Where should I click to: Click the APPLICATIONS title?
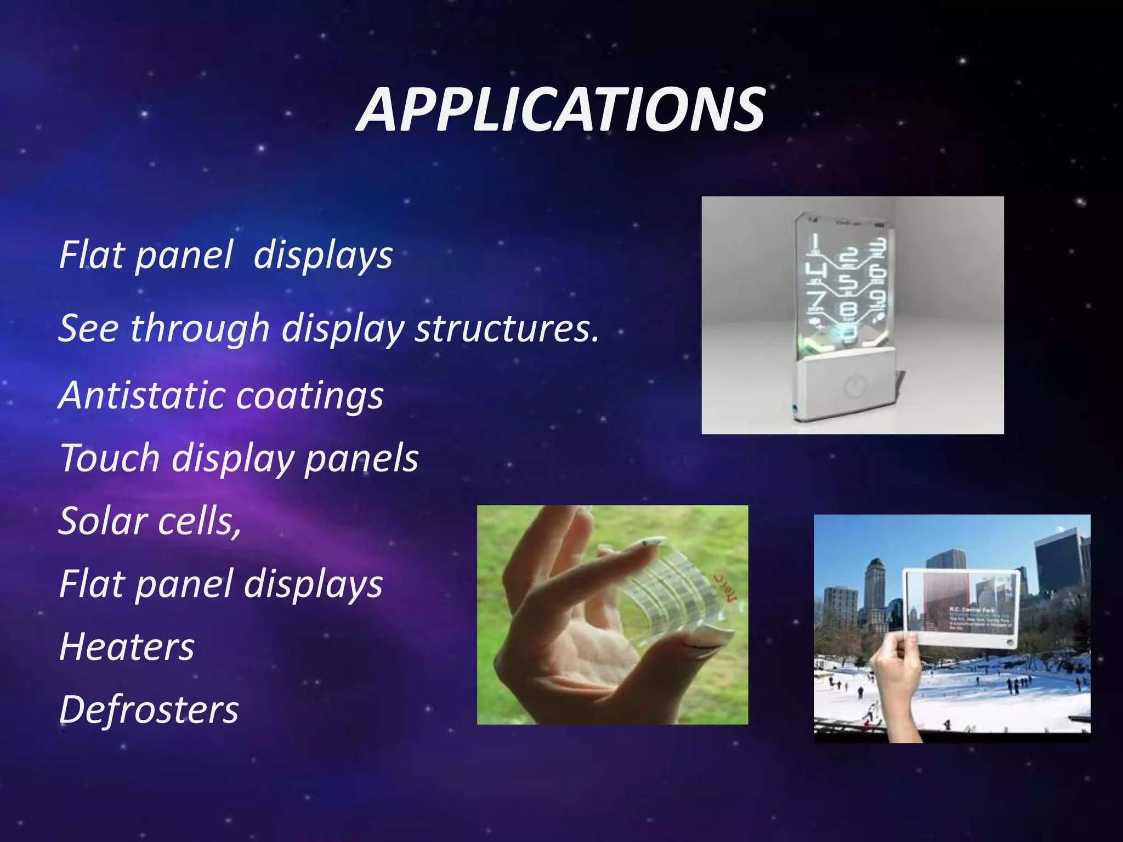(x=560, y=111)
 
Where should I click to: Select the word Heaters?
(x=127, y=647)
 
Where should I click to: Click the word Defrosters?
(x=149, y=710)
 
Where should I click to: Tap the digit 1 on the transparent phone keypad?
(x=815, y=242)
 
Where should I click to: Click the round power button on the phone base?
(x=853, y=386)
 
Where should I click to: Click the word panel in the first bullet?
(x=184, y=255)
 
